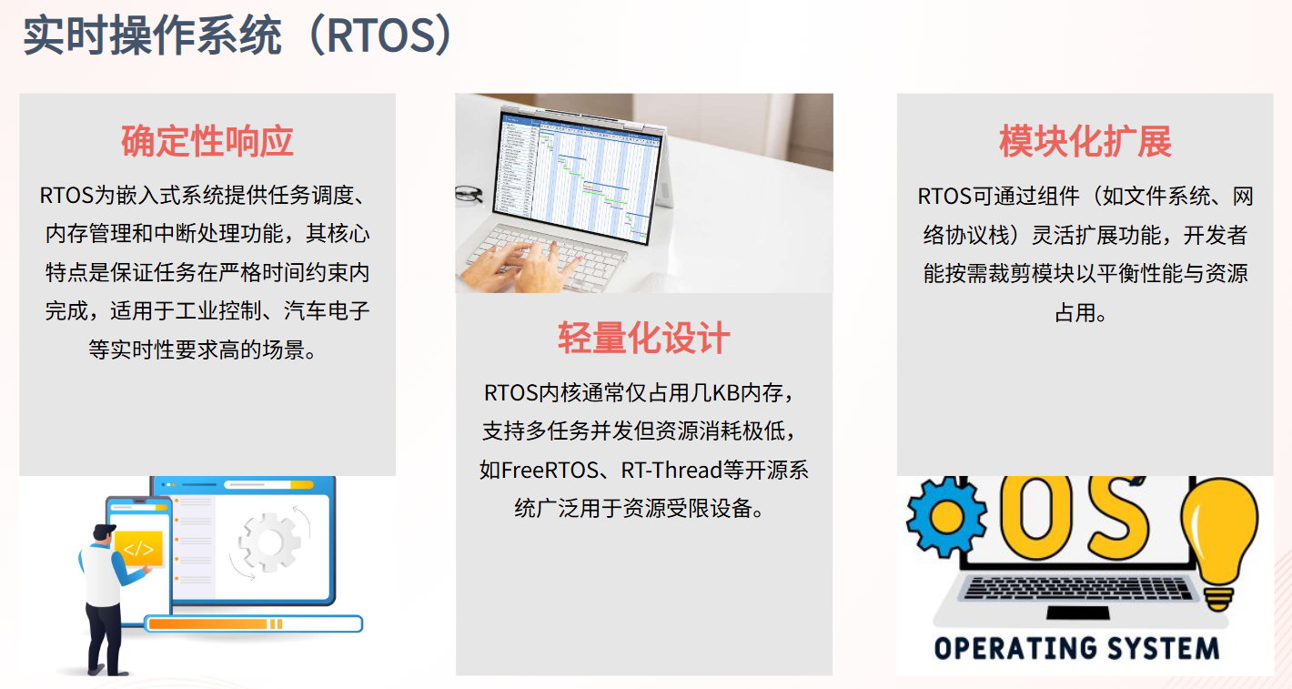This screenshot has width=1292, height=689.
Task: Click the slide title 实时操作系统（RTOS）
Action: pos(237,35)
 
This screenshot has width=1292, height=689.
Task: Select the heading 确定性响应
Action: pos(207,141)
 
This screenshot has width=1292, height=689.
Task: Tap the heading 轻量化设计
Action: pos(643,338)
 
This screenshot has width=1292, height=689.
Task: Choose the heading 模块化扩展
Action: pos(1085,141)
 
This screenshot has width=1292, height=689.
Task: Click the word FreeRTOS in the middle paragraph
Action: pos(550,470)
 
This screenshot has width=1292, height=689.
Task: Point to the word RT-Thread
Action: pos(672,470)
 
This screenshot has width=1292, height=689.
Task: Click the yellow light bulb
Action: pos(1218,543)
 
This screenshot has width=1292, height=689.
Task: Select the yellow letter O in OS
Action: pos(1036,513)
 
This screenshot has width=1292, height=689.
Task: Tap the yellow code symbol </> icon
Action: pos(138,548)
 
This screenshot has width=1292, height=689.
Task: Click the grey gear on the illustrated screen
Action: pos(268,542)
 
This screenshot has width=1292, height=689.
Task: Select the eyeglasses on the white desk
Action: pos(469,194)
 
